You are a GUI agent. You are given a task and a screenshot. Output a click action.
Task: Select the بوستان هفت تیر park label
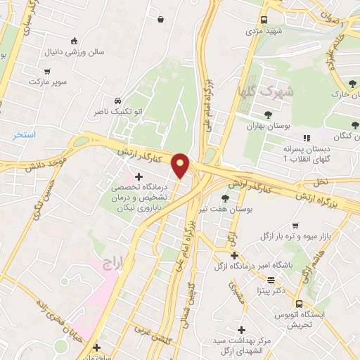click(224, 209)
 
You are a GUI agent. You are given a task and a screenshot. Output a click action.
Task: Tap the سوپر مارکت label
click(46, 82)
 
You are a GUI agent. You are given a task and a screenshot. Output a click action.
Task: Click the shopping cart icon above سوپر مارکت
click(47, 70)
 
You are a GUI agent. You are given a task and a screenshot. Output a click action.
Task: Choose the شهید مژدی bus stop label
click(264, 32)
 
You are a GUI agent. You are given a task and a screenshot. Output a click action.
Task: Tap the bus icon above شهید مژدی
click(264, 20)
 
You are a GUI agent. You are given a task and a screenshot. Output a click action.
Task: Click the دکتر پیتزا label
click(270, 289)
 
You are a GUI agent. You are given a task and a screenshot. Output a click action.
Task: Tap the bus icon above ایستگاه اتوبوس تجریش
click(299, 303)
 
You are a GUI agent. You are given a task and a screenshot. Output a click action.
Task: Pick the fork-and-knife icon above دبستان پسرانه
click(305, 138)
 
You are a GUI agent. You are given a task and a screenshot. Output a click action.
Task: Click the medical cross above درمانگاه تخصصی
click(148, 176)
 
